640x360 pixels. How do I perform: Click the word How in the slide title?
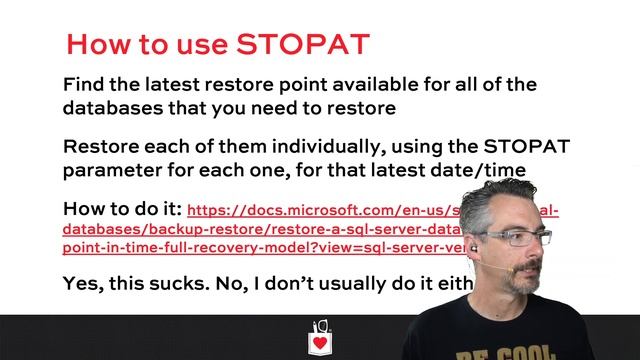click(x=97, y=44)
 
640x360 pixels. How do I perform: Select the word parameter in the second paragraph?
click(x=113, y=170)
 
